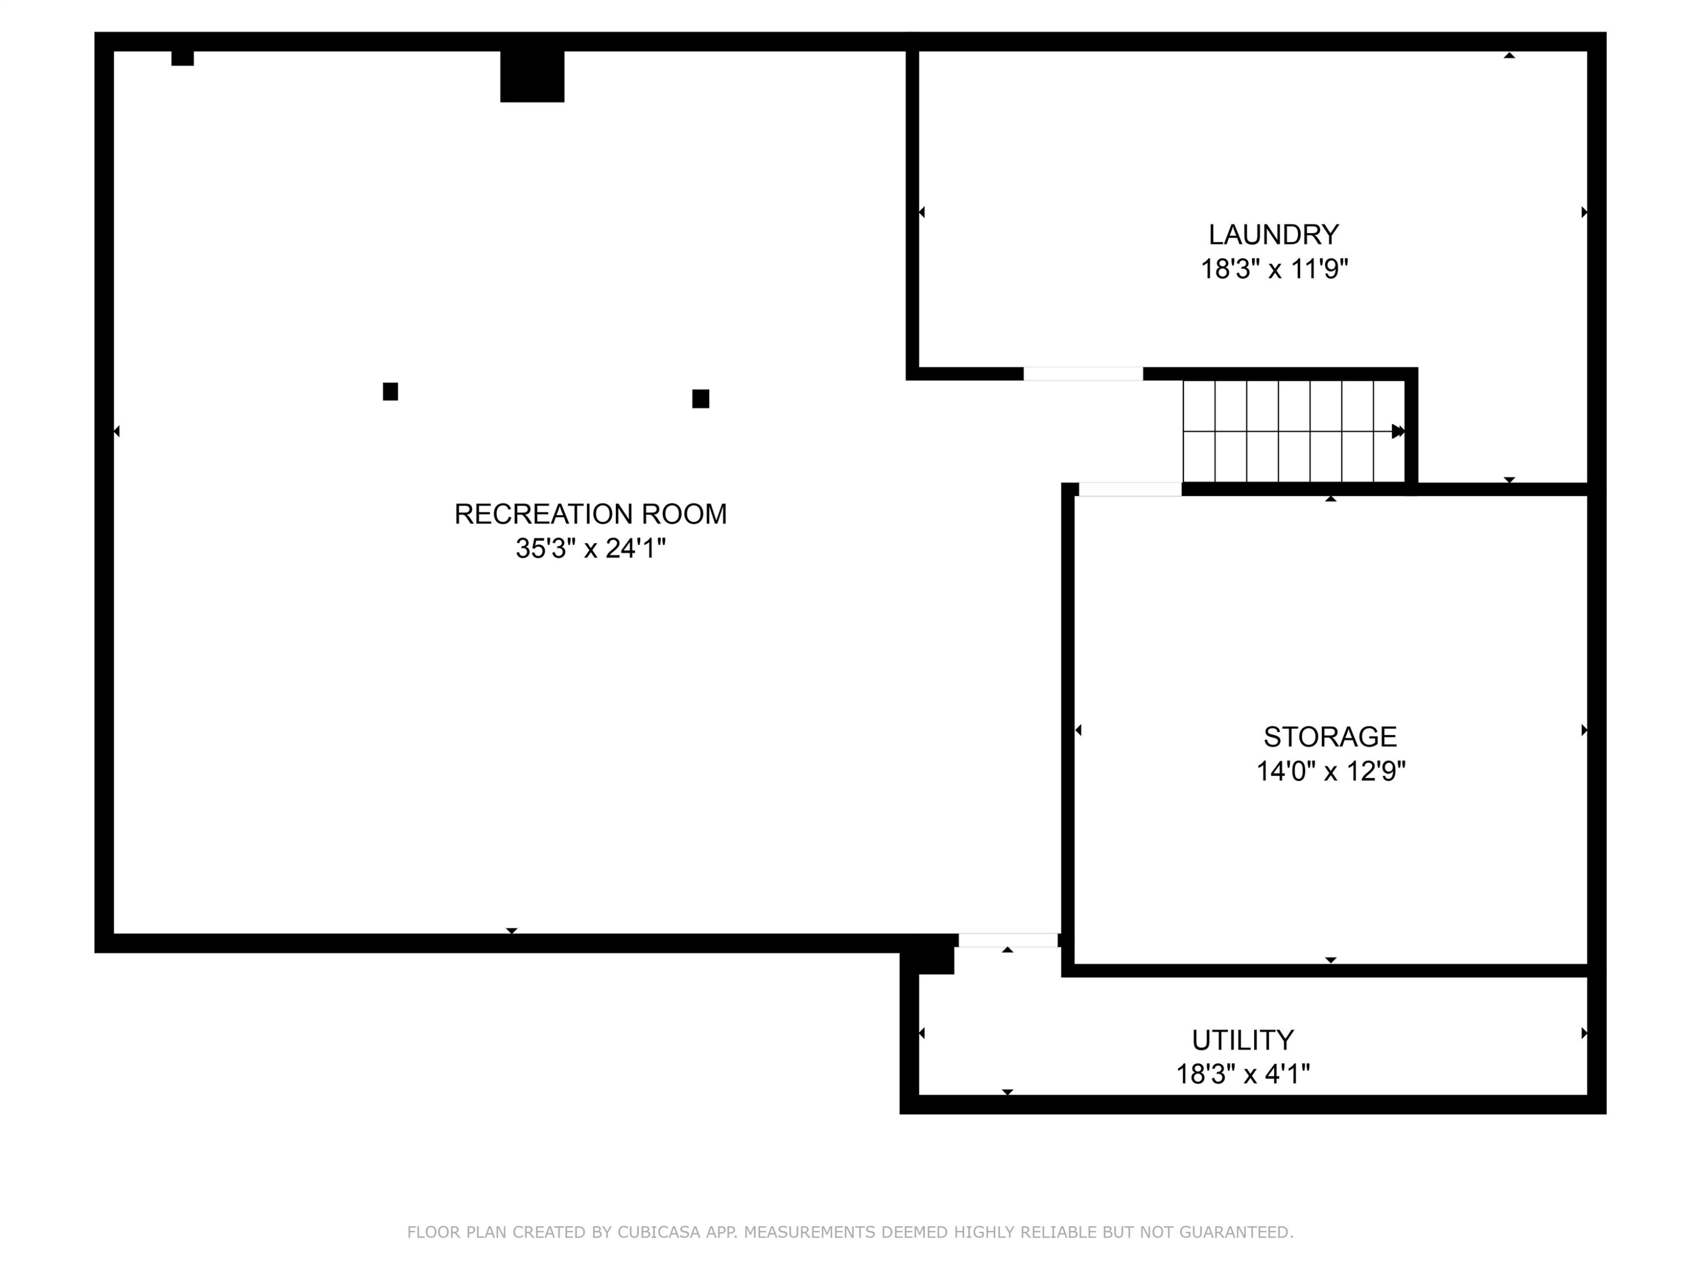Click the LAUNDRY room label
(x=1273, y=234)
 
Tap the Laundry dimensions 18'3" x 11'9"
(x=1274, y=268)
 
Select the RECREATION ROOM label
(x=591, y=514)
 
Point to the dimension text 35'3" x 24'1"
(x=591, y=548)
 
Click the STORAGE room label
(x=1330, y=737)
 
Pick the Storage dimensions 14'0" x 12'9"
(x=1330, y=771)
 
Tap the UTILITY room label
(x=1243, y=1040)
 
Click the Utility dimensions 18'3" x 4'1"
(x=1243, y=1074)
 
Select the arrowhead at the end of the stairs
(x=1399, y=432)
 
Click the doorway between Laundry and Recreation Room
(x=1083, y=374)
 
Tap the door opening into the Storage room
(x=1129, y=489)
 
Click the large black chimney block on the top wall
(x=532, y=76)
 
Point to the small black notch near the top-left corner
(x=182, y=58)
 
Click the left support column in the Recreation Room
(x=391, y=391)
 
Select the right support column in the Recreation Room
(x=701, y=399)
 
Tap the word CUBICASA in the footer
(x=659, y=1232)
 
